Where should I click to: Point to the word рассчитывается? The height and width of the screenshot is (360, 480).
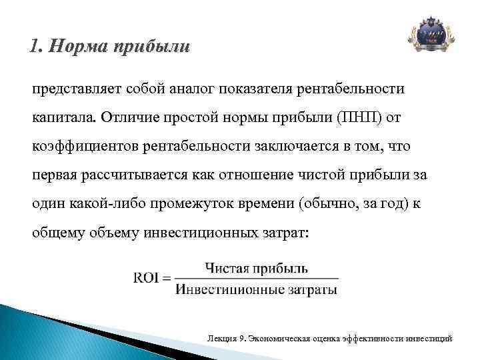[133, 175]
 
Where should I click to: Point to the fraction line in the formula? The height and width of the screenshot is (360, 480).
[257, 279]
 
